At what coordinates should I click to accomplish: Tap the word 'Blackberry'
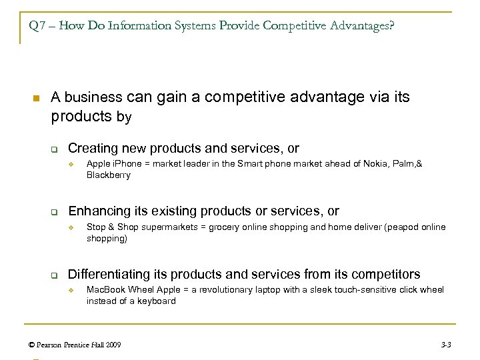pyautogui.click(x=108, y=176)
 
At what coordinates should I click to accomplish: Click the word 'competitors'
pyautogui.click(x=388, y=273)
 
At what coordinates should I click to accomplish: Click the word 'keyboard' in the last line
pyautogui.click(x=157, y=301)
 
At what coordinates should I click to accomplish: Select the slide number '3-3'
pyautogui.click(x=447, y=344)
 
